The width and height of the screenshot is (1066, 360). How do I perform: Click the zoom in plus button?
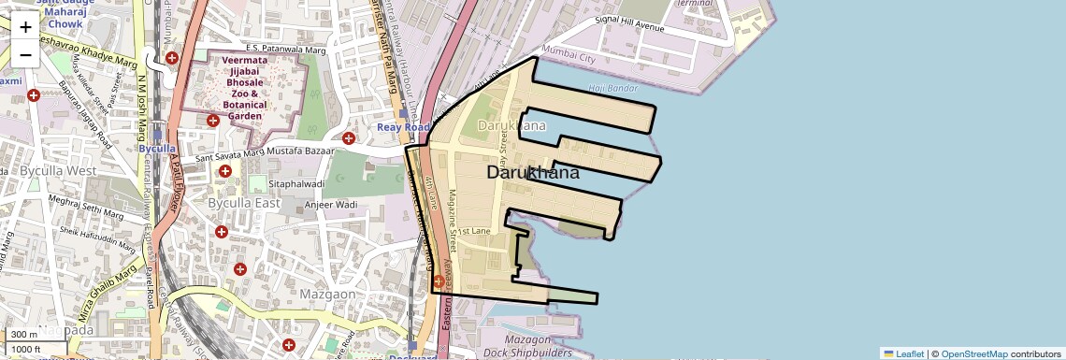click(25, 27)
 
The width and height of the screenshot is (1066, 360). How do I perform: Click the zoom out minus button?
click(25, 55)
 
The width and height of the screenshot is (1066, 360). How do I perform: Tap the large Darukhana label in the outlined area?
click(533, 173)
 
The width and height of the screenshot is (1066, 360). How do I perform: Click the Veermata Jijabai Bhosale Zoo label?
click(246, 91)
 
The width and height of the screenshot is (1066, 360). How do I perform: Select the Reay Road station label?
click(402, 127)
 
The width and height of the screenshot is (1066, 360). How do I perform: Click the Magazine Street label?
click(451, 220)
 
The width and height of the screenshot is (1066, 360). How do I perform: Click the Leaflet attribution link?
click(903, 353)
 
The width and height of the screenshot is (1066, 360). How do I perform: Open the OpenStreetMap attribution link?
click(973, 353)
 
